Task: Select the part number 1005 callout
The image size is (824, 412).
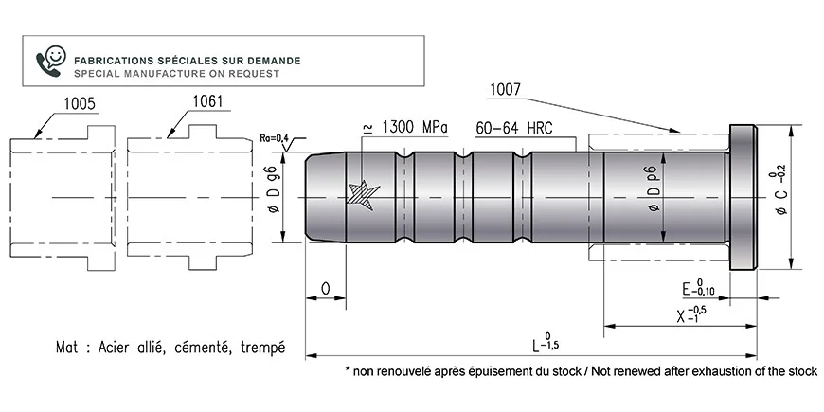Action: (x=79, y=105)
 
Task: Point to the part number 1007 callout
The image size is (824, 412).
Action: (x=506, y=91)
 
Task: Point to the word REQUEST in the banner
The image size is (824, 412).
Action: (x=255, y=73)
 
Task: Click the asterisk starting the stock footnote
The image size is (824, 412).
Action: (x=348, y=370)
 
